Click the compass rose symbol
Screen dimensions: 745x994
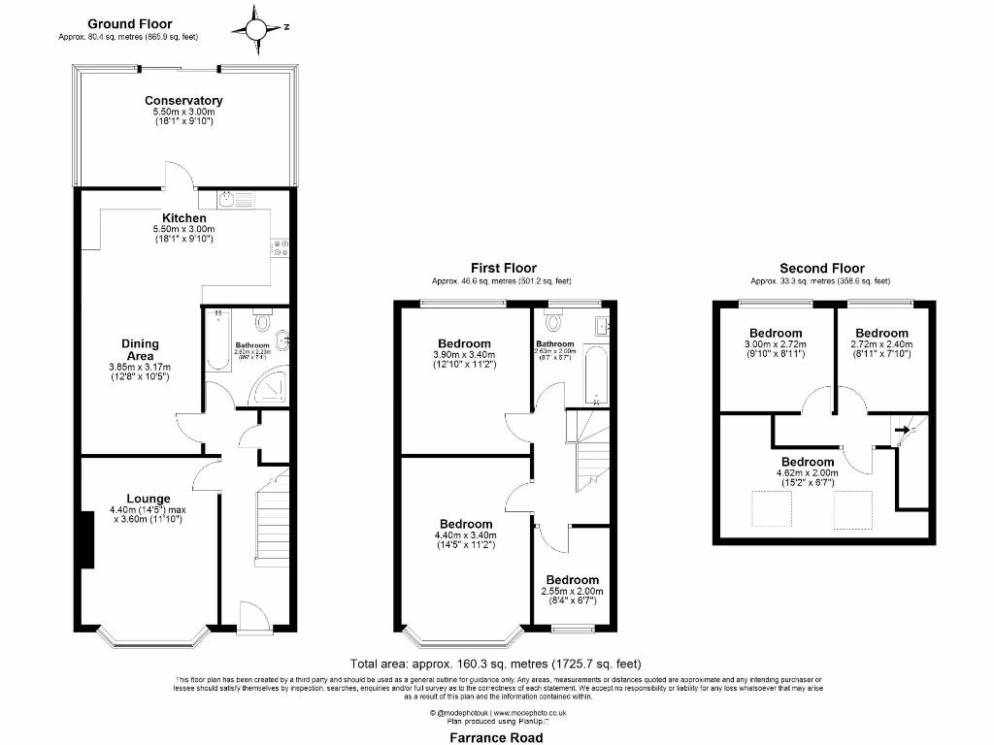pyautogui.click(x=257, y=28)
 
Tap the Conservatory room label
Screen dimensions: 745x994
pyautogui.click(x=183, y=101)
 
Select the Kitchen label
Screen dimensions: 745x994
pyautogui.click(x=183, y=219)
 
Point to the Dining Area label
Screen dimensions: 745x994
pyautogui.click(x=140, y=349)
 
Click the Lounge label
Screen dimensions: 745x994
pyautogui.click(x=148, y=499)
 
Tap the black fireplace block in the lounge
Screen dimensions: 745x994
pyautogui.click(x=87, y=539)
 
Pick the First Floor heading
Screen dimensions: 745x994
pyautogui.click(x=503, y=269)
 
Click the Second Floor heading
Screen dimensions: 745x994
pyautogui.click(x=821, y=269)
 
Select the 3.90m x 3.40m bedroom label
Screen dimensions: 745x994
pyautogui.click(x=464, y=343)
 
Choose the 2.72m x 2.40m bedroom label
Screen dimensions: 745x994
pyautogui.click(x=881, y=333)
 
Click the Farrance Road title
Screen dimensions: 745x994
pyautogui.click(x=497, y=737)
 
